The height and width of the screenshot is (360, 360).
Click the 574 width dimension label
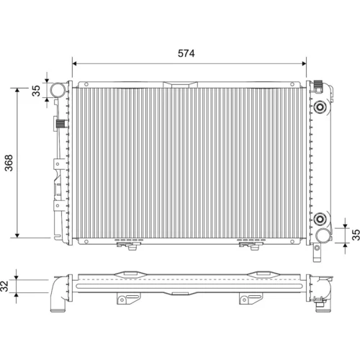point(186,53)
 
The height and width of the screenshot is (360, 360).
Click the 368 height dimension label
point(9,163)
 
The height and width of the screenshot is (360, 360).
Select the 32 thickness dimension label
point(4,286)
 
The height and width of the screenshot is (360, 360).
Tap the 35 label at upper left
point(36,91)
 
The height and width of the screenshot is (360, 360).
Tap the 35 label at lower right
point(356,235)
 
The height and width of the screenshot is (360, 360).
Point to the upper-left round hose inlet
point(58,90)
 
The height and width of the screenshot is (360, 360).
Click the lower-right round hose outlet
point(323,235)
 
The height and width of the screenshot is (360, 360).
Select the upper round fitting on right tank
point(320,107)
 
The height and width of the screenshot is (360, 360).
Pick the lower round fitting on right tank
point(320,219)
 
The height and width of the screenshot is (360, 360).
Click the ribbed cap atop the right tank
point(318,86)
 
